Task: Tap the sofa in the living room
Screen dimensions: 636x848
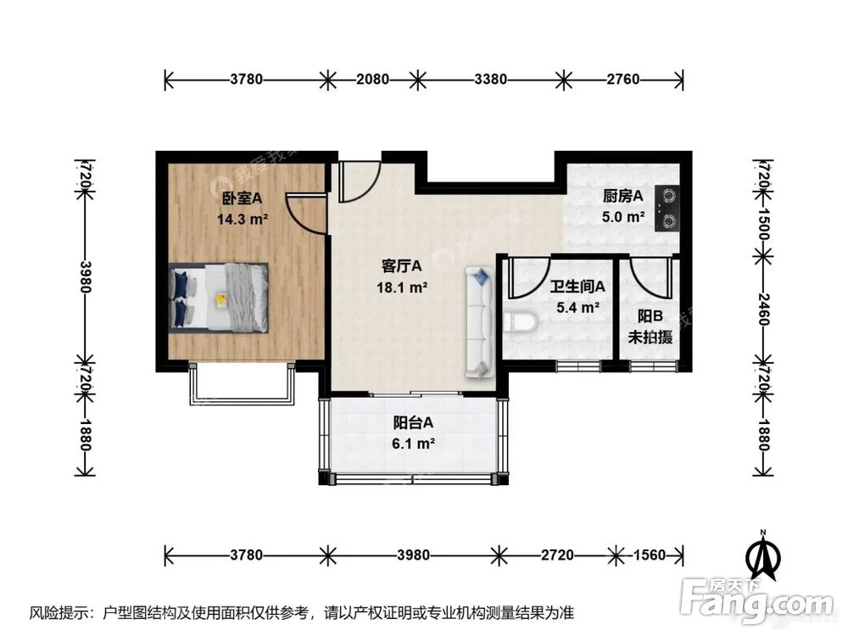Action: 479,322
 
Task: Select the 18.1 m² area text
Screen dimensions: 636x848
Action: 401,287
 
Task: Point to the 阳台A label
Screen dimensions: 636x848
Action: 413,422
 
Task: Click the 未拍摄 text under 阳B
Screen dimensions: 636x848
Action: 650,337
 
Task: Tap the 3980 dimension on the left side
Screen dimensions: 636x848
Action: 84,275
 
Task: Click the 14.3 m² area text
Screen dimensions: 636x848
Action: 243,218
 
